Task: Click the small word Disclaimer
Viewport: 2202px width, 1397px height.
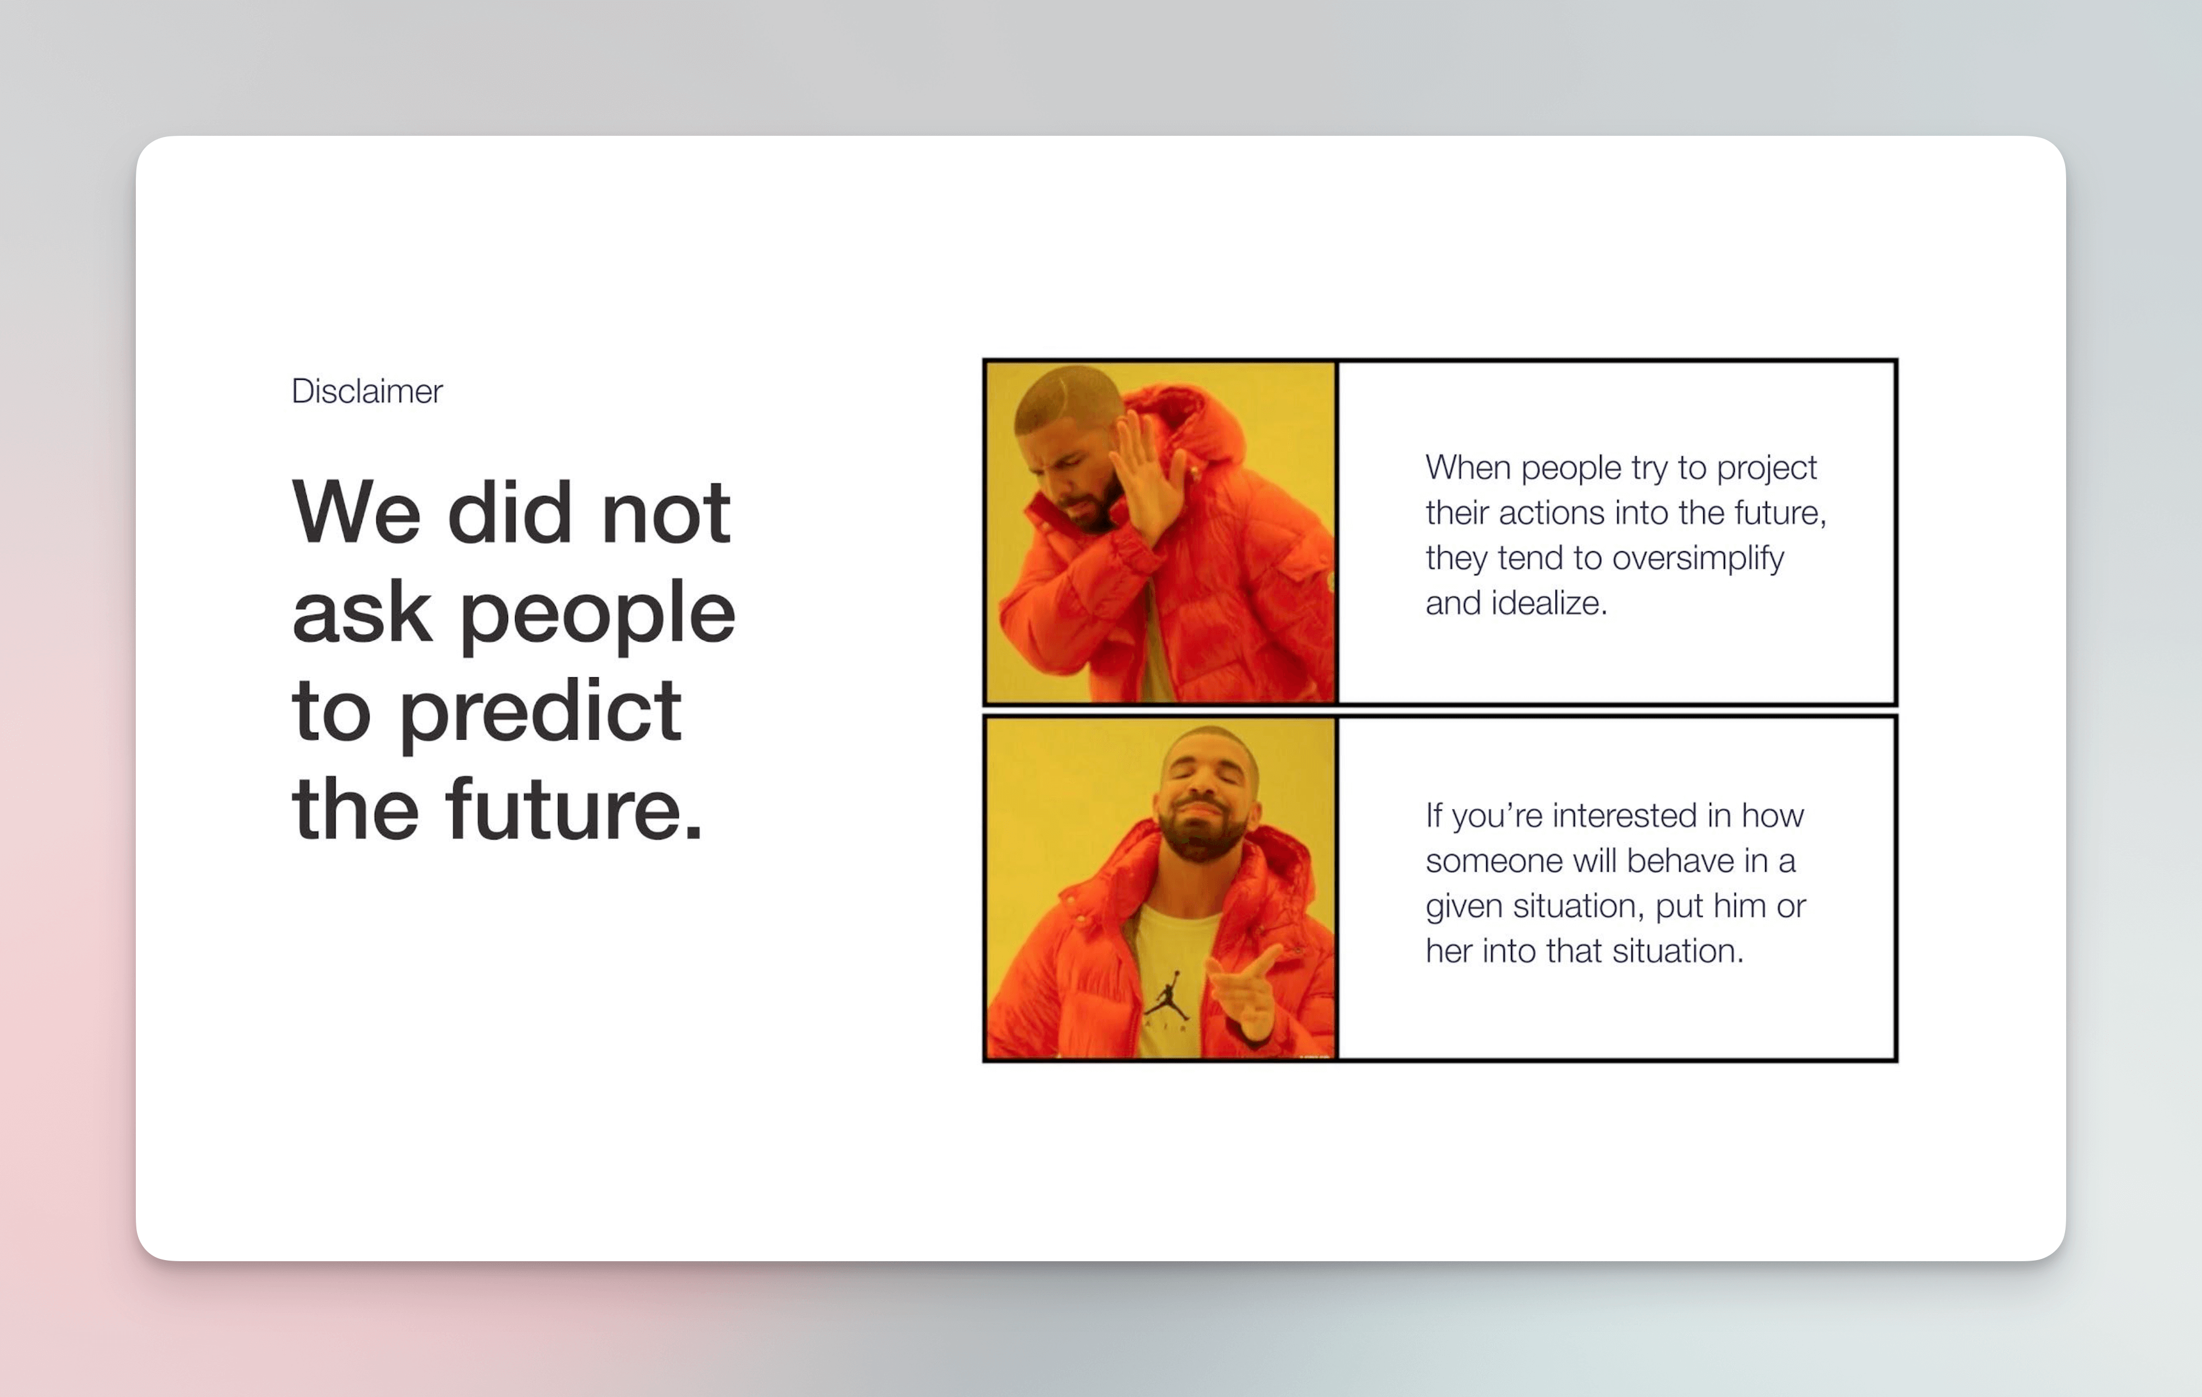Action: [367, 391]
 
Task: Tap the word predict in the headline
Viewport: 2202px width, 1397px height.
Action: [540, 713]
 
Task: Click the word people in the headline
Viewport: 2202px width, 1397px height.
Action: [597, 614]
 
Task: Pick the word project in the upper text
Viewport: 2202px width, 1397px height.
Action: [1767, 468]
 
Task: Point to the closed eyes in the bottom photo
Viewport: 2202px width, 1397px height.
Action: [1205, 780]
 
